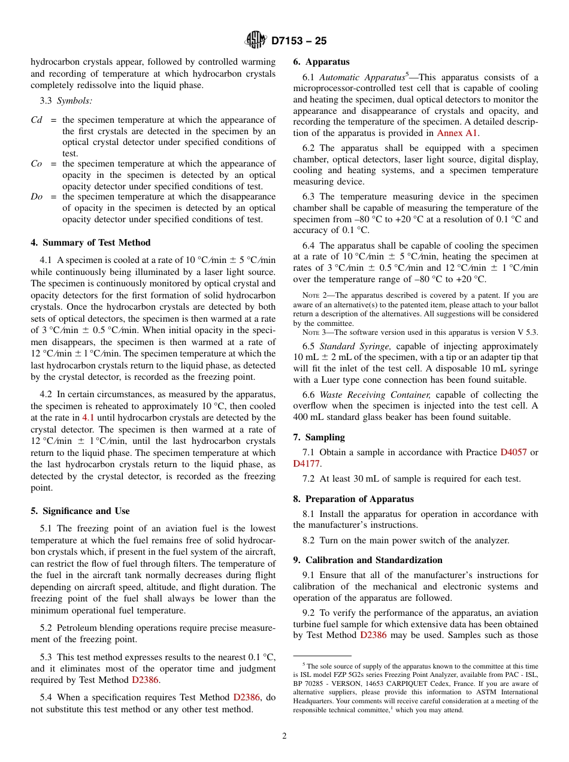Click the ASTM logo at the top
(256, 41)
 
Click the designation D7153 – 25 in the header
(299, 41)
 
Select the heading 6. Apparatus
(321, 62)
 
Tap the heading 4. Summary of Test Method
(90, 243)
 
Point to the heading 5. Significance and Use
(80, 511)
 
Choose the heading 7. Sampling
(319, 437)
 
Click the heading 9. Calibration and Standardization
(368, 560)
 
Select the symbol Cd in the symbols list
(37, 120)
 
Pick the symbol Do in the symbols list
(37, 196)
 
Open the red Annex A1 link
(458, 133)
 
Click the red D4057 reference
(513, 452)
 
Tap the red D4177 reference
(307, 463)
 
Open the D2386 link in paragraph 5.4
(246, 697)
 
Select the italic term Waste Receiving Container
(375, 395)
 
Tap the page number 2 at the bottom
(284, 736)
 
